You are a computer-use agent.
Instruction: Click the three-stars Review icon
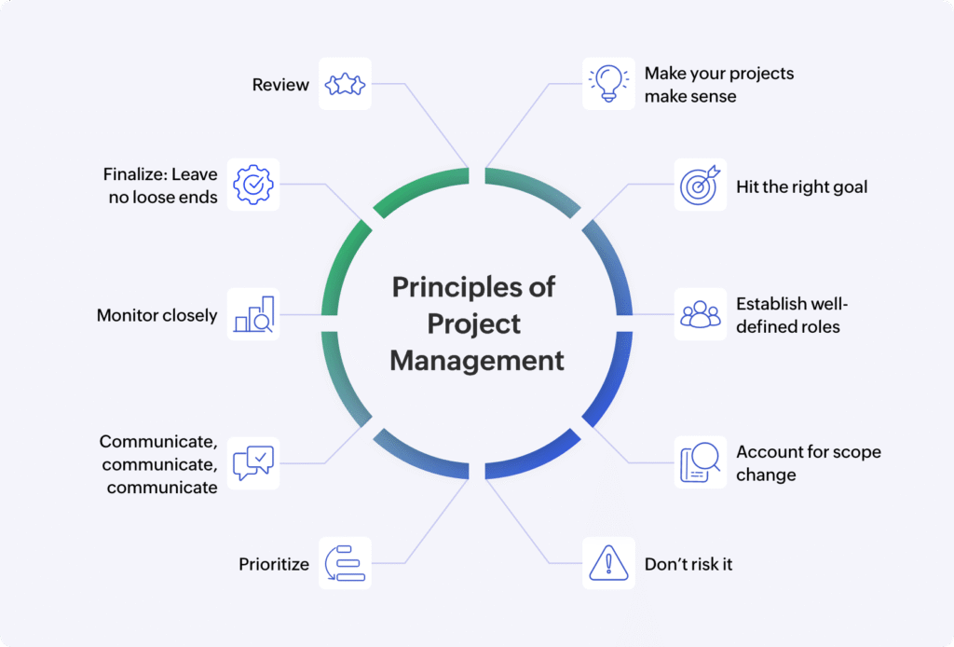click(345, 84)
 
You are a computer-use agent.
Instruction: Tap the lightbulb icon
click(608, 83)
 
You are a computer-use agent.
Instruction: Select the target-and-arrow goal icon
click(701, 185)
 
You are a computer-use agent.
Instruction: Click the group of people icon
click(701, 314)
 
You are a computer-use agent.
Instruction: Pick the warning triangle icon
click(608, 563)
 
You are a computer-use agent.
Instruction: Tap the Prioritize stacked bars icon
click(345, 563)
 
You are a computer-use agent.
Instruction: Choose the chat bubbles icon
click(253, 463)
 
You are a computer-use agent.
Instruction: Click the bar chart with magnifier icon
click(253, 314)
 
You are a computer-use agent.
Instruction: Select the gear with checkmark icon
click(253, 185)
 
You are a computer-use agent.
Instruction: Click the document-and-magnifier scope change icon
click(701, 462)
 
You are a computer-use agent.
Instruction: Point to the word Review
click(280, 85)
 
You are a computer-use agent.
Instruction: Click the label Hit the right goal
click(802, 186)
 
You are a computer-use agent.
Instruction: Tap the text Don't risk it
click(688, 564)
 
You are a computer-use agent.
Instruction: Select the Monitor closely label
click(157, 315)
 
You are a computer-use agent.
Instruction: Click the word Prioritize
click(274, 564)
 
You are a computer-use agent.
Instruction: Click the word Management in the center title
click(477, 360)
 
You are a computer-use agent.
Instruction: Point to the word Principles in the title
click(457, 287)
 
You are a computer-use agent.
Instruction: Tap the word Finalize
click(134, 174)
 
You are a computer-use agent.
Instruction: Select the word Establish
click(770, 304)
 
